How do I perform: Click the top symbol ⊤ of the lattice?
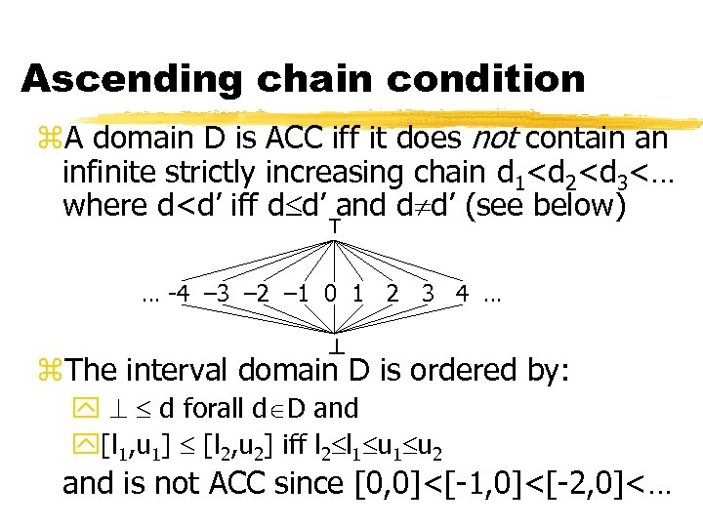pos(334,225)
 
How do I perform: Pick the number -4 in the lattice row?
pos(179,291)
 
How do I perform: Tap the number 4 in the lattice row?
pos(461,291)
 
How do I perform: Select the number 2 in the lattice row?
pos(393,291)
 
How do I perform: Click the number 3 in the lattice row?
pos(428,291)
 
